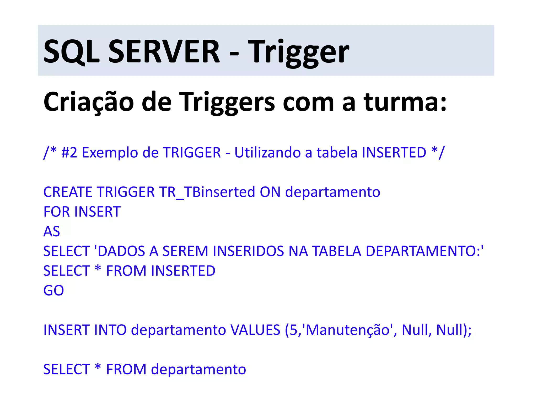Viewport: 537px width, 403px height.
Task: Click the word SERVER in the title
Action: [x=164, y=51]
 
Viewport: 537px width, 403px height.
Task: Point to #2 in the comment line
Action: [x=69, y=153]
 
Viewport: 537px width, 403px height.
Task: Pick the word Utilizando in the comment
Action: [x=267, y=153]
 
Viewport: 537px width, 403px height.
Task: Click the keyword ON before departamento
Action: [x=270, y=192]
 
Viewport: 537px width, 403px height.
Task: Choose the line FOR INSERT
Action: [x=82, y=212]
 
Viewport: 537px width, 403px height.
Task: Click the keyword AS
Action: [x=52, y=231]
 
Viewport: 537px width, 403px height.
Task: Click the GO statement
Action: [x=53, y=290]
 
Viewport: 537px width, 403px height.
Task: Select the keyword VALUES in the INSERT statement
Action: [x=255, y=330]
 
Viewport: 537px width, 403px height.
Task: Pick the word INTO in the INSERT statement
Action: [x=110, y=330]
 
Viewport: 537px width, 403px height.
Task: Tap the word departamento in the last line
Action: [x=198, y=369]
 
